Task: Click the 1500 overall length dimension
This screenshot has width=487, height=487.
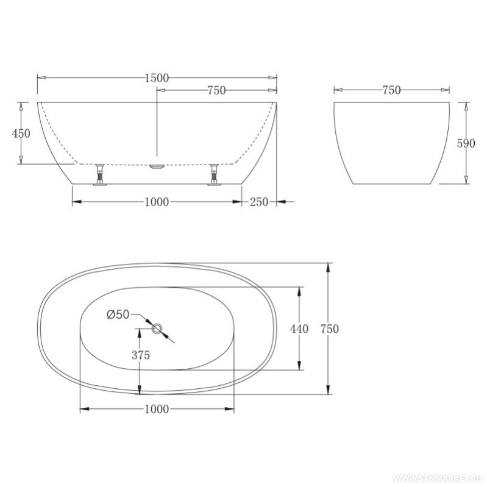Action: [157, 78]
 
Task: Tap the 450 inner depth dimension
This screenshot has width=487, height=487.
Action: [21, 133]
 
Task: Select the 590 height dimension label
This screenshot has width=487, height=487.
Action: [466, 143]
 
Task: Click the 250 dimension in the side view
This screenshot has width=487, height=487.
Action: [259, 202]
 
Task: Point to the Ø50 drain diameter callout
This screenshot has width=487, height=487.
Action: [118, 315]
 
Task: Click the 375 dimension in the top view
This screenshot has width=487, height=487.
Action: [141, 355]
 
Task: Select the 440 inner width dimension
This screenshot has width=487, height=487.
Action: [299, 329]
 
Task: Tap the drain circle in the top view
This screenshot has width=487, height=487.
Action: [157, 329]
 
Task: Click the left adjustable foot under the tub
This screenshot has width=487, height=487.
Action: [100, 174]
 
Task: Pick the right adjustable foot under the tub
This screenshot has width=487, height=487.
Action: [214, 174]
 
